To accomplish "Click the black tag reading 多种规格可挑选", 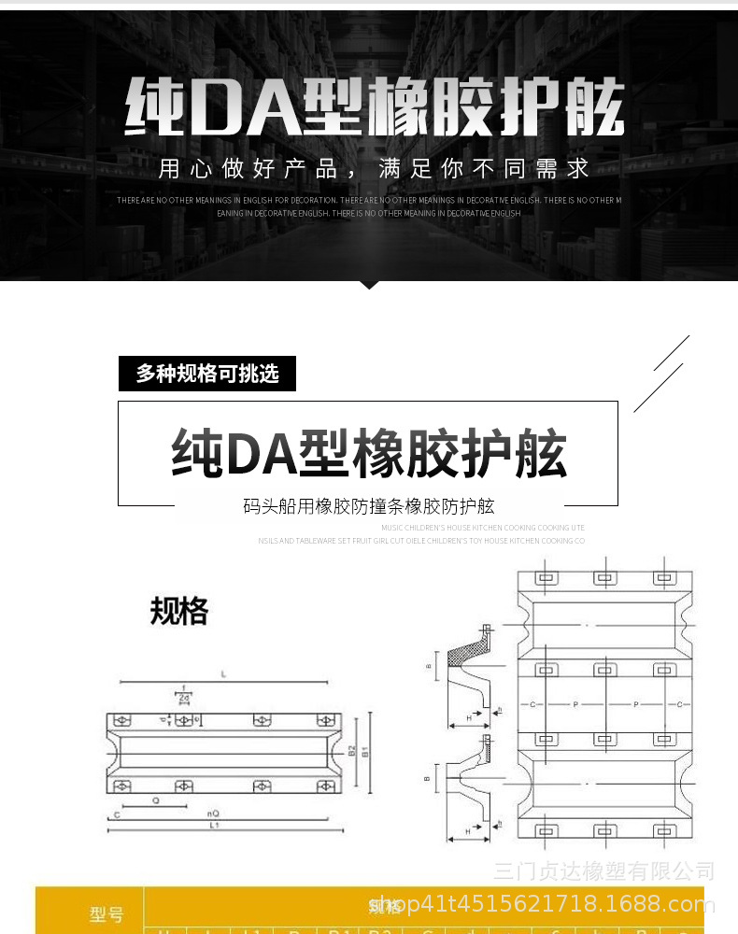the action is pyautogui.click(x=207, y=375).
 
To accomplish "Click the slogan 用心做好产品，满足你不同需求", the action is pyautogui.click(x=374, y=169).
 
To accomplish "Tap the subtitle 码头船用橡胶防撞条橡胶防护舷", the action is pyautogui.click(x=368, y=507).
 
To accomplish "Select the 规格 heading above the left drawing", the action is pyautogui.click(x=178, y=611).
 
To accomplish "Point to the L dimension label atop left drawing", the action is pyautogui.click(x=223, y=673).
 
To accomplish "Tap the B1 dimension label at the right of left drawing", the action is pyautogui.click(x=365, y=750).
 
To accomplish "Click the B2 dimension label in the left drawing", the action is pyautogui.click(x=351, y=750).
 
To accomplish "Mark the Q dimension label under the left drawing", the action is pyautogui.click(x=154, y=800).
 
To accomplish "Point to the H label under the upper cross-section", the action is pyautogui.click(x=469, y=717).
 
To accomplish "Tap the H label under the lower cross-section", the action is pyautogui.click(x=467, y=830).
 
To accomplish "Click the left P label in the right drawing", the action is pyautogui.click(x=575, y=703).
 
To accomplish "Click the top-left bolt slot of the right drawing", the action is pyautogui.click(x=546, y=579).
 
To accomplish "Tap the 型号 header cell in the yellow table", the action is pyautogui.click(x=106, y=914).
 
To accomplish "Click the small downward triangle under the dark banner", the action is pyautogui.click(x=369, y=284).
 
